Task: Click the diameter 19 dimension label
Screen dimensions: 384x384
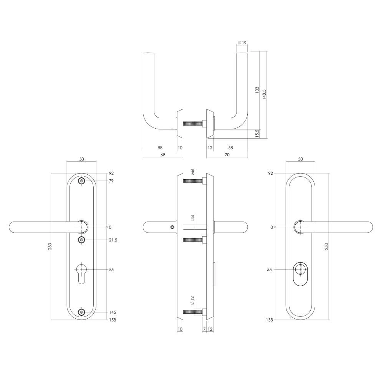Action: pos(242,43)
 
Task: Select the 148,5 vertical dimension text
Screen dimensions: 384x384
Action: pos(264,94)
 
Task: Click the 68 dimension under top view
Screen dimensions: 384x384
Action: pos(162,155)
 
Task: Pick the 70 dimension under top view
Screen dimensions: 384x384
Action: pos(227,155)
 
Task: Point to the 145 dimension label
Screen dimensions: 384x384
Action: pos(112,313)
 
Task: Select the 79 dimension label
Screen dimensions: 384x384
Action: pos(111,181)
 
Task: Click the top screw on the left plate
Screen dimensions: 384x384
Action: pos(81,181)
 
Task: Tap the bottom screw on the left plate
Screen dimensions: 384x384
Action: pos(81,313)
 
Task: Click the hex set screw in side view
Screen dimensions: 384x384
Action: pos(172,227)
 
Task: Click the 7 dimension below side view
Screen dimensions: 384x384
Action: pos(204,329)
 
